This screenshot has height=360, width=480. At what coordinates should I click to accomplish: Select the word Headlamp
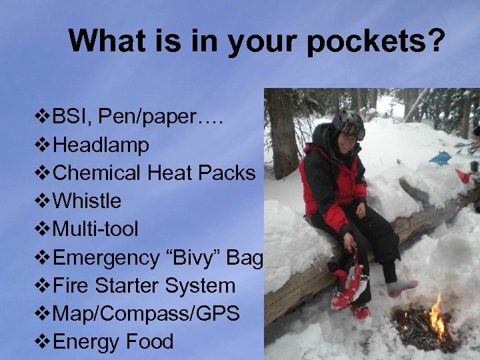[x=101, y=145]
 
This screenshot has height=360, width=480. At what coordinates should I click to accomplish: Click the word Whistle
[x=87, y=201]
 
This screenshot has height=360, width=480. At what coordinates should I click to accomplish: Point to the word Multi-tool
[x=95, y=229]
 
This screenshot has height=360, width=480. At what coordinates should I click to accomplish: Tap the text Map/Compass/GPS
[x=145, y=314]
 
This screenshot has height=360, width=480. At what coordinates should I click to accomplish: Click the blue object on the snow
[x=441, y=158]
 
